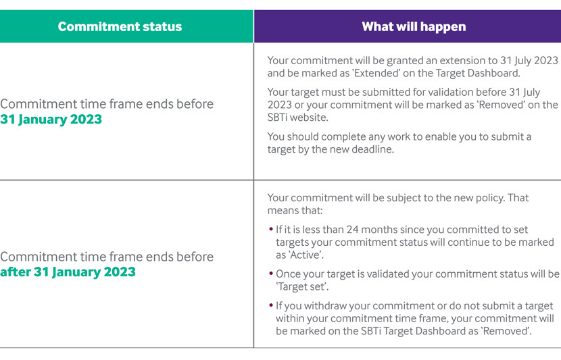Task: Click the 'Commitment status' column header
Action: (x=120, y=26)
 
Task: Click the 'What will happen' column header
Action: (x=414, y=26)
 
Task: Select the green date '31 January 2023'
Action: (x=51, y=119)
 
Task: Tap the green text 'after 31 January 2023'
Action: (x=68, y=272)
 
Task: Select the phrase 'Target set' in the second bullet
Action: (x=302, y=286)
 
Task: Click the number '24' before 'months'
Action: (x=352, y=230)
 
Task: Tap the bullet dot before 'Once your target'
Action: (x=271, y=274)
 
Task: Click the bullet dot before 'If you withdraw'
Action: (x=271, y=306)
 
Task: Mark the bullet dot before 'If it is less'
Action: (x=271, y=230)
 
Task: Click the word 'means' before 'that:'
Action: (x=283, y=211)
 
